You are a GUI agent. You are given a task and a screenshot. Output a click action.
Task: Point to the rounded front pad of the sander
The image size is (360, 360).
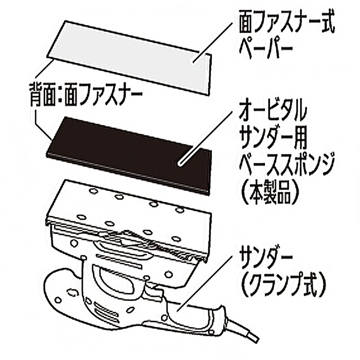click(x=63, y=292)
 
